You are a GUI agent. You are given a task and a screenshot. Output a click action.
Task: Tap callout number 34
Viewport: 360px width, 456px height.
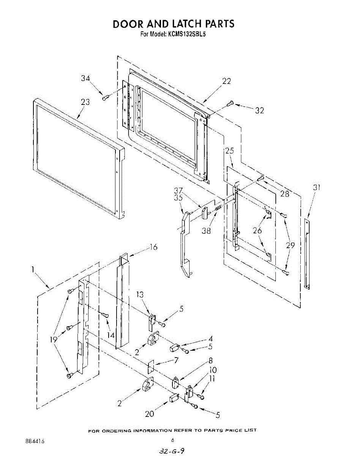tap(85, 79)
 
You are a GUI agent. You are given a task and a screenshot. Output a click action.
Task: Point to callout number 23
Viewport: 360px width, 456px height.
tap(85, 102)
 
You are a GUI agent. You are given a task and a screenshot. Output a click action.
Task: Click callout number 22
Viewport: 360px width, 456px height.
tap(226, 81)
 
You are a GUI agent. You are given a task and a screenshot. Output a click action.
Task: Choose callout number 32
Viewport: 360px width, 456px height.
tap(259, 111)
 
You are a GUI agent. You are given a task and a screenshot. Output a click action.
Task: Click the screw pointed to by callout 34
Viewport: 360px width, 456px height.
tap(105, 98)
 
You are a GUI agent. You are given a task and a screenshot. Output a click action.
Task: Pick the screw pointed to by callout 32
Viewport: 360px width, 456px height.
tap(230, 103)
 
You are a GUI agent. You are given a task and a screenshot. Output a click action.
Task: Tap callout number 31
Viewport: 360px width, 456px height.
tap(317, 187)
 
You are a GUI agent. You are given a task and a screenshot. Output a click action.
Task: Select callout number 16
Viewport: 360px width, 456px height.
tap(153, 247)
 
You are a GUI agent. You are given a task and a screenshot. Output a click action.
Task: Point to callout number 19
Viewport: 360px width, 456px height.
tap(54, 339)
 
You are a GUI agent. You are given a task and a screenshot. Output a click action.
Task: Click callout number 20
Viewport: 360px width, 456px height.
tap(150, 414)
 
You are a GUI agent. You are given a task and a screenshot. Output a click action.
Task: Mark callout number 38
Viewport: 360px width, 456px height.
tap(206, 231)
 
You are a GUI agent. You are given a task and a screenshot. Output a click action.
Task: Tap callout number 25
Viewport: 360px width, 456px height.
tap(229, 150)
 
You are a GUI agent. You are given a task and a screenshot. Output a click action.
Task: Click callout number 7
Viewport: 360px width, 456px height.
tap(176, 360)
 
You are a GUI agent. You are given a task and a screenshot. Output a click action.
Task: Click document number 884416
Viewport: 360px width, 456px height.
tap(35, 441)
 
